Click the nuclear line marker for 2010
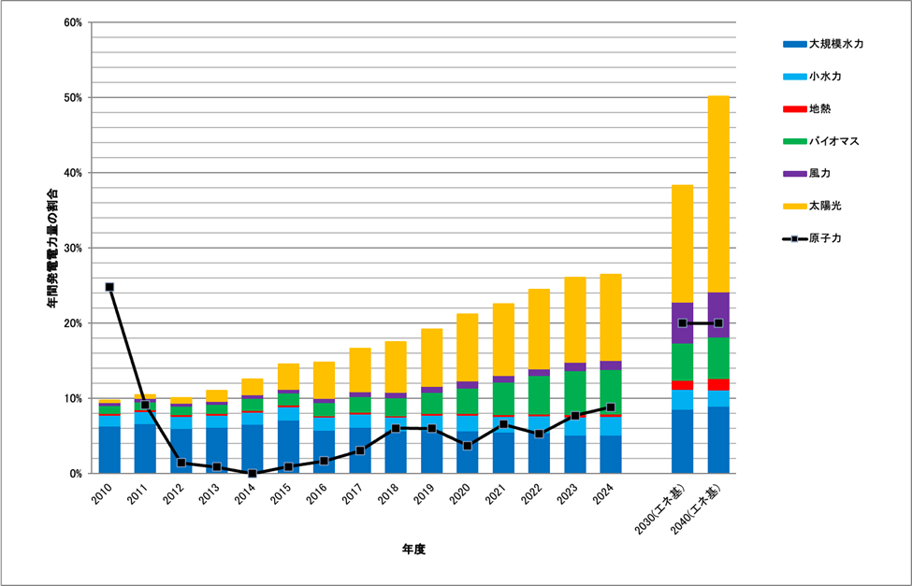(x=109, y=287)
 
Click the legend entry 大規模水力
(x=835, y=43)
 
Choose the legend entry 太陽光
(x=826, y=205)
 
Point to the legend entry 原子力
(x=826, y=238)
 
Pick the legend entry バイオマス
(x=833, y=140)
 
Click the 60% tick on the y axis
(x=73, y=22)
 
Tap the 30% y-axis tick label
(x=73, y=249)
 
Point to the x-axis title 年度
(x=413, y=549)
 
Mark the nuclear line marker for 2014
(x=253, y=474)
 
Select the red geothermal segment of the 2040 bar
(x=718, y=384)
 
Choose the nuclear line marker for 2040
(x=718, y=323)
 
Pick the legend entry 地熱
(x=819, y=107)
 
